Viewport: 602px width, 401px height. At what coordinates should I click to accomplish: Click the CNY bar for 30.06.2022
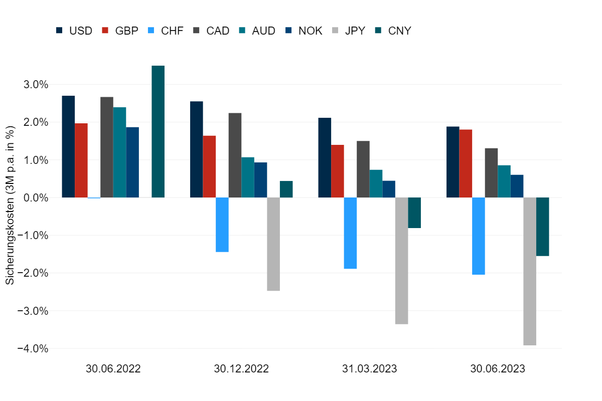pyautogui.click(x=158, y=131)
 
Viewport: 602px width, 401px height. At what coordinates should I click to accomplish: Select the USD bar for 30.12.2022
pyautogui.click(x=197, y=149)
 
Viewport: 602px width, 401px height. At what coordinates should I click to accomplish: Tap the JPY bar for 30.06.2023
pyautogui.click(x=530, y=271)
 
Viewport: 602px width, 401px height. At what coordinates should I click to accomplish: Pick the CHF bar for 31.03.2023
pyautogui.click(x=350, y=233)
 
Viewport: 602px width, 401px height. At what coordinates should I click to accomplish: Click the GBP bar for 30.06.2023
pyautogui.click(x=466, y=163)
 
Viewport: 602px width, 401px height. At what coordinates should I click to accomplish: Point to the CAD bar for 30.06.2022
pyautogui.click(x=107, y=147)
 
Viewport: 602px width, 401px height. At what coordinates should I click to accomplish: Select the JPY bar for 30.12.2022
pyautogui.click(x=273, y=244)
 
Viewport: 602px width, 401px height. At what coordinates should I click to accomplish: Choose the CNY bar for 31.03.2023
pyautogui.click(x=414, y=213)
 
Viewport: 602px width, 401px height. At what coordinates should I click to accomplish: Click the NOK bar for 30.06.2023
pyautogui.click(x=517, y=186)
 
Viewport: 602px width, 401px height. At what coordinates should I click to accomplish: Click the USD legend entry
pyautogui.click(x=74, y=31)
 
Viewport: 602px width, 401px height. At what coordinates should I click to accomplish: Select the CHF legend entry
pyautogui.click(x=166, y=31)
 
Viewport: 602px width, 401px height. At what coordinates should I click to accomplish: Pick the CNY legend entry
pyautogui.click(x=393, y=31)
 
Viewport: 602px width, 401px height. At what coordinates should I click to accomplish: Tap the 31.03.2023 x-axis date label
pyautogui.click(x=370, y=369)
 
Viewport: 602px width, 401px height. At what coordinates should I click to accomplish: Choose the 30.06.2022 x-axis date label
pyautogui.click(x=113, y=369)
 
